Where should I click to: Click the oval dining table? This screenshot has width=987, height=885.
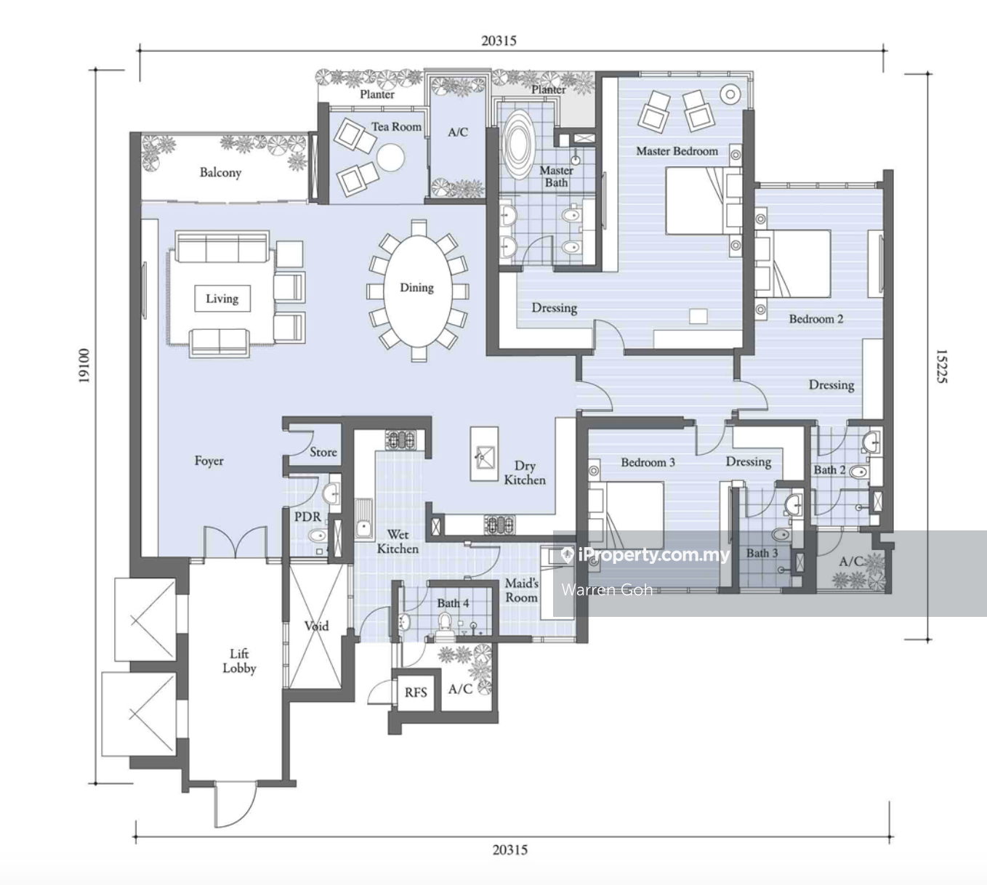(x=417, y=291)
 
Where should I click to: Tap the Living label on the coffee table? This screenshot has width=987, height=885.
(x=222, y=299)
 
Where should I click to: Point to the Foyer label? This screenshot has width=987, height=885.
(x=209, y=461)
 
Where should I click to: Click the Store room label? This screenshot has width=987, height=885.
(x=323, y=452)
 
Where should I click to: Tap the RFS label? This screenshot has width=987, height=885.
(x=416, y=692)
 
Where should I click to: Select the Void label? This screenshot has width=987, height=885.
(x=317, y=626)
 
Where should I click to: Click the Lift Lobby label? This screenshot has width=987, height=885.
(x=239, y=661)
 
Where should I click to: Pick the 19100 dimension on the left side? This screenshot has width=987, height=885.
(x=84, y=365)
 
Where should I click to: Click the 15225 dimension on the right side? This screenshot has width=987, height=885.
(x=941, y=366)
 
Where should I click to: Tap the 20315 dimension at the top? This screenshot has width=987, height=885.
(x=499, y=41)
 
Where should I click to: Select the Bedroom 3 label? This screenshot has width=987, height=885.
(x=648, y=462)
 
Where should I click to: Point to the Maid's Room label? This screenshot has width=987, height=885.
(x=521, y=590)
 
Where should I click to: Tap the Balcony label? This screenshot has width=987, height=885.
(x=221, y=172)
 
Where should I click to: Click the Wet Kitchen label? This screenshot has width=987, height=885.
(x=398, y=541)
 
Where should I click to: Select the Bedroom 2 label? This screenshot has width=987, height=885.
(x=816, y=319)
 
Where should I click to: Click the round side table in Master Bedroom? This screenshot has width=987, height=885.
(x=730, y=94)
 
